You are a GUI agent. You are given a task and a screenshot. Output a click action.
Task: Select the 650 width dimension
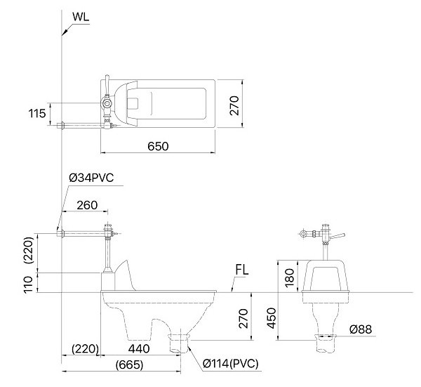point(158,146)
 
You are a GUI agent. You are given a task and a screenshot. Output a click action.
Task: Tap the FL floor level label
point(243,270)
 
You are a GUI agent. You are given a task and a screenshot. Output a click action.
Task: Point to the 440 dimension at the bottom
point(139,347)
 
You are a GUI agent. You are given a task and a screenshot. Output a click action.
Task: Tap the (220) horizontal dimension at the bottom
point(84,347)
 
